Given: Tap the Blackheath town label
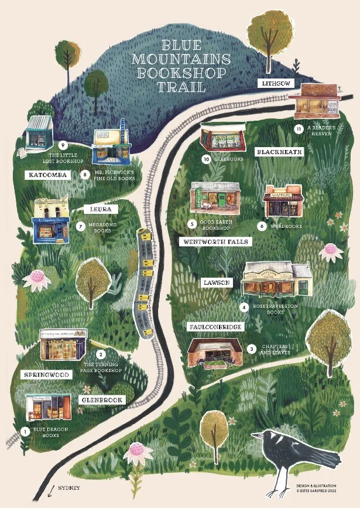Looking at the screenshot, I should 280,152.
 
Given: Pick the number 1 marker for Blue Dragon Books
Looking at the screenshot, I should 25,431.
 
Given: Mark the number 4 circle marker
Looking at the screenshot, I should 244,306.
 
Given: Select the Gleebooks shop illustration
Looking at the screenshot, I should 221,138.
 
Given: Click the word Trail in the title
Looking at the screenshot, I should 181,87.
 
